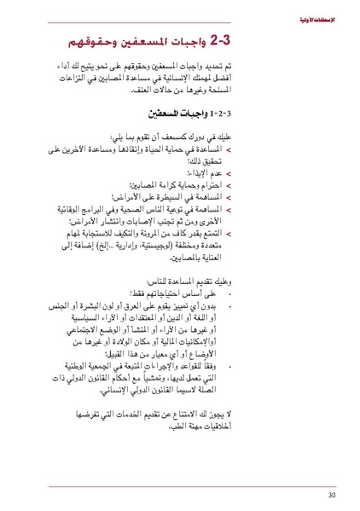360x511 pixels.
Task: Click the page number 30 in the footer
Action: click(331, 494)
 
